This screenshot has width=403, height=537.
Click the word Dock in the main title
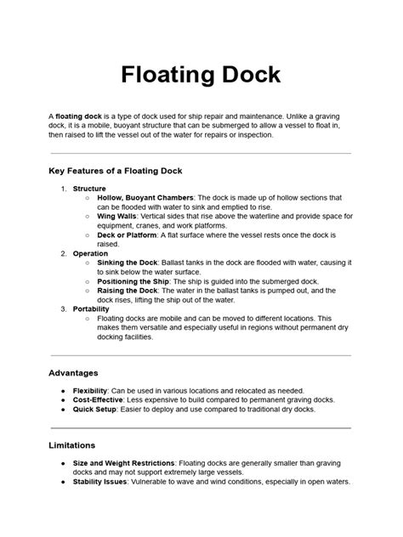tap(248, 75)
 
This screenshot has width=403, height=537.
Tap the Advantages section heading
tap(74, 372)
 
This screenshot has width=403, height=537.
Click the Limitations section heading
tap(71, 444)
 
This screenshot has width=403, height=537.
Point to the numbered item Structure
tap(89, 188)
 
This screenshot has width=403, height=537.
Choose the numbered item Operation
tap(90, 253)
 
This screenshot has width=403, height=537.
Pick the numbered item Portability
tap(91, 308)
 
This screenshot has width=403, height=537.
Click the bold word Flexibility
tap(90, 390)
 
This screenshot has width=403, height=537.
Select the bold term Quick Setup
tap(95, 409)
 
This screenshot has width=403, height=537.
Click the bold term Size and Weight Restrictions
tap(127, 463)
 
